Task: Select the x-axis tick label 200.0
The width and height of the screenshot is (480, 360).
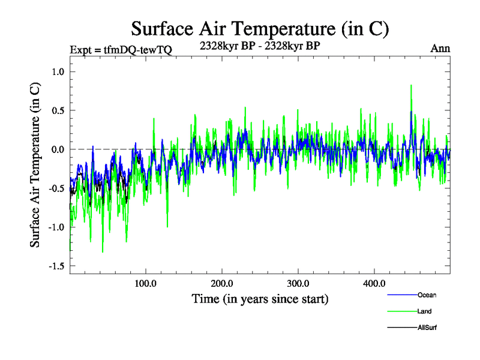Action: [222, 283]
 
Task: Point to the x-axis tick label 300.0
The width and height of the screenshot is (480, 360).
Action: [298, 283]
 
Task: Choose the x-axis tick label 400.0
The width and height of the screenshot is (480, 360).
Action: [374, 283]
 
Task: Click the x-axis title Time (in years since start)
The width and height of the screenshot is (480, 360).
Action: [260, 298]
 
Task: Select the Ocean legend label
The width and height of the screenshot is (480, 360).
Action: [427, 295]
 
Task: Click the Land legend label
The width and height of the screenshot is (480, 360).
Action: [425, 311]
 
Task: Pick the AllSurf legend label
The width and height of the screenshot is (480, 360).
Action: [427, 328]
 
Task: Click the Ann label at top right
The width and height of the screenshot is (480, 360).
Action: [440, 49]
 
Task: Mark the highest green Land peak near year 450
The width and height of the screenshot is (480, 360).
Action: [411, 86]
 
